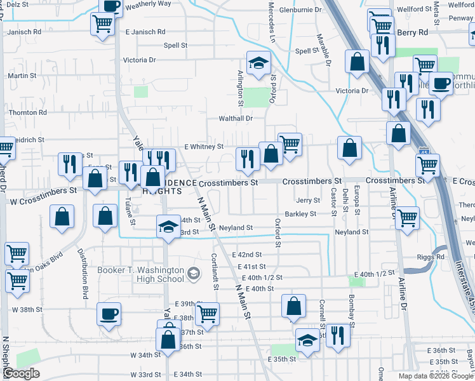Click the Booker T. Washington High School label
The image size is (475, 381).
point(140,274)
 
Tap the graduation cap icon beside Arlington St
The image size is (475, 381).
point(258,63)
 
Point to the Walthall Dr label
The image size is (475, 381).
point(236,118)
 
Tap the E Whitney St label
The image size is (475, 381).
point(204,147)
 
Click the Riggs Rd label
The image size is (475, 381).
point(431,257)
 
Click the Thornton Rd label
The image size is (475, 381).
point(28,112)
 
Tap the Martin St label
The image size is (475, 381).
point(22,76)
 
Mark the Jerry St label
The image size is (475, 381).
point(307,200)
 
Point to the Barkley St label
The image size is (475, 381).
point(300,214)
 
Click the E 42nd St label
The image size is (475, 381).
point(248,254)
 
